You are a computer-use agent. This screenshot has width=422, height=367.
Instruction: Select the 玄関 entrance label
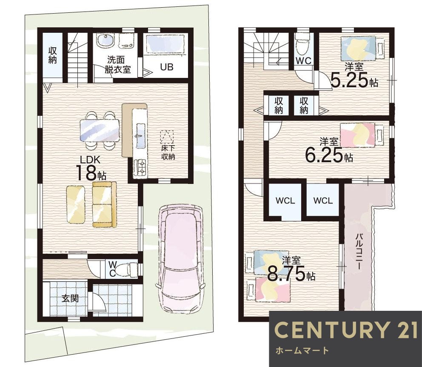pos(70,298)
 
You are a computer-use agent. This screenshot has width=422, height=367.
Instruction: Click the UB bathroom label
pos(167,67)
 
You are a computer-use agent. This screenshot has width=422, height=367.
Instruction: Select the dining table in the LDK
pos(100,130)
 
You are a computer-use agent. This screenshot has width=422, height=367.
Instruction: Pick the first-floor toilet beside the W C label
pos(128,269)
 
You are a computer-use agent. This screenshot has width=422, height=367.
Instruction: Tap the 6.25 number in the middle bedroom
pos(324,155)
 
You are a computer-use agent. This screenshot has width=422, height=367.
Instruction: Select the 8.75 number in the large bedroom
pos(286,274)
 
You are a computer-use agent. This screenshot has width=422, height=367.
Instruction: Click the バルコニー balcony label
pos(359,252)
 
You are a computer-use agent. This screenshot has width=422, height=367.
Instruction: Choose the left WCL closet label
pos(285,201)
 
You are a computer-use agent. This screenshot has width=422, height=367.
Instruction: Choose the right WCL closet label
pos(323,201)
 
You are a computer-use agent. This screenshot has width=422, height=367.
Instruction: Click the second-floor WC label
pos(304,61)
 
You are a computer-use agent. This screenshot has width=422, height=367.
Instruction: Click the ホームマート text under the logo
pos(302,351)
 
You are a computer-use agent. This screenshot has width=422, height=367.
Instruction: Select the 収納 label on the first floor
pos(53,55)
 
